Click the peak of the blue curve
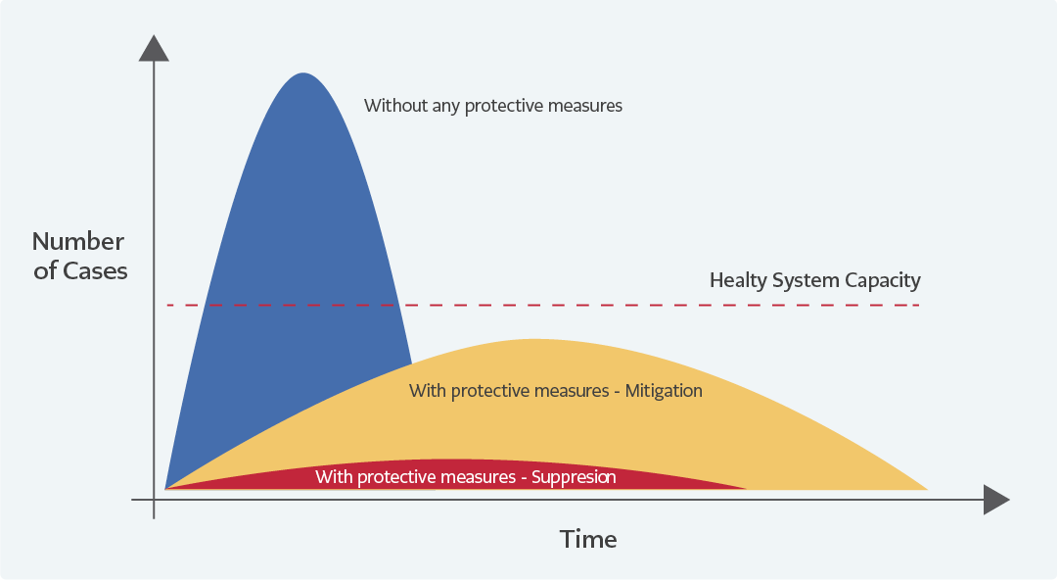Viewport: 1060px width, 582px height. coord(302,73)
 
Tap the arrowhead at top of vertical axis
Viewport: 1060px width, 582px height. coord(154,48)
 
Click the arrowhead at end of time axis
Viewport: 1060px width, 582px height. coord(996,500)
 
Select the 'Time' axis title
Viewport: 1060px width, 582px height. coord(588,539)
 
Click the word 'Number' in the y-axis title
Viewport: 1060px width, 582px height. coord(78,242)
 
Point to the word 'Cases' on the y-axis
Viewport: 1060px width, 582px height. coord(95,270)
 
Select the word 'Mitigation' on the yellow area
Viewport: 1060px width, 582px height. coord(664,391)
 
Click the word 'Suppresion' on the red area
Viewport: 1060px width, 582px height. coord(574,477)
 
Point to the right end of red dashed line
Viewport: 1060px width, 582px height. coord(919,306)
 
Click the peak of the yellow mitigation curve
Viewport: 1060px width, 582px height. coord(534,340)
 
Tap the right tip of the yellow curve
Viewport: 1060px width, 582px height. coord(928,489)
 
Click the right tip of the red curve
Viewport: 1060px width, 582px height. coord(747,488)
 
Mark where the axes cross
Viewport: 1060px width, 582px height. coord(154,500)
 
